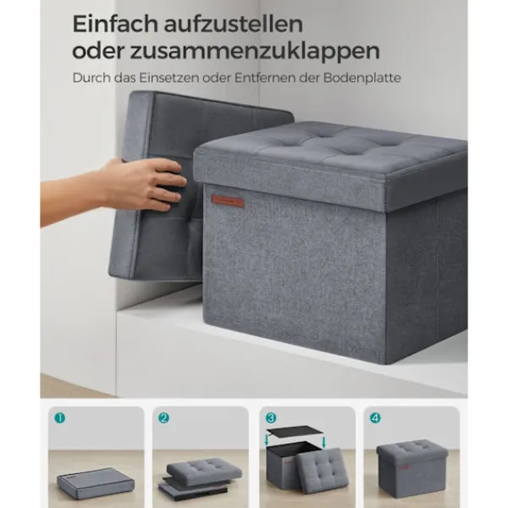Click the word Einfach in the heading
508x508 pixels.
[x=116, y=24]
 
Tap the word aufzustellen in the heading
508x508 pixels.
[x=234, y=24]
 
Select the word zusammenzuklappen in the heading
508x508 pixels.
[x=255, y=52]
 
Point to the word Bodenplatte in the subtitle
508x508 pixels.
[x=362, y=78]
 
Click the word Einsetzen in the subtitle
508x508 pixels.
[x=168, y=78]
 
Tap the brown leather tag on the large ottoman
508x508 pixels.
[x=228, y=202]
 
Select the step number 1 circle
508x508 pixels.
[x=60, y=418]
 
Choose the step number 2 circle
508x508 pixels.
[x=163, y=418]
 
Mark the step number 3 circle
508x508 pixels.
[x=271, y=418]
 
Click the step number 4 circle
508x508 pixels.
[x=375, y=418]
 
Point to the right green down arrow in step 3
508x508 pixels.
[x=324, y=442]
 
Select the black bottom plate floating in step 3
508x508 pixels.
[x=295, y=432]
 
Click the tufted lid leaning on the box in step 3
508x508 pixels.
[x=323, y=471]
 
